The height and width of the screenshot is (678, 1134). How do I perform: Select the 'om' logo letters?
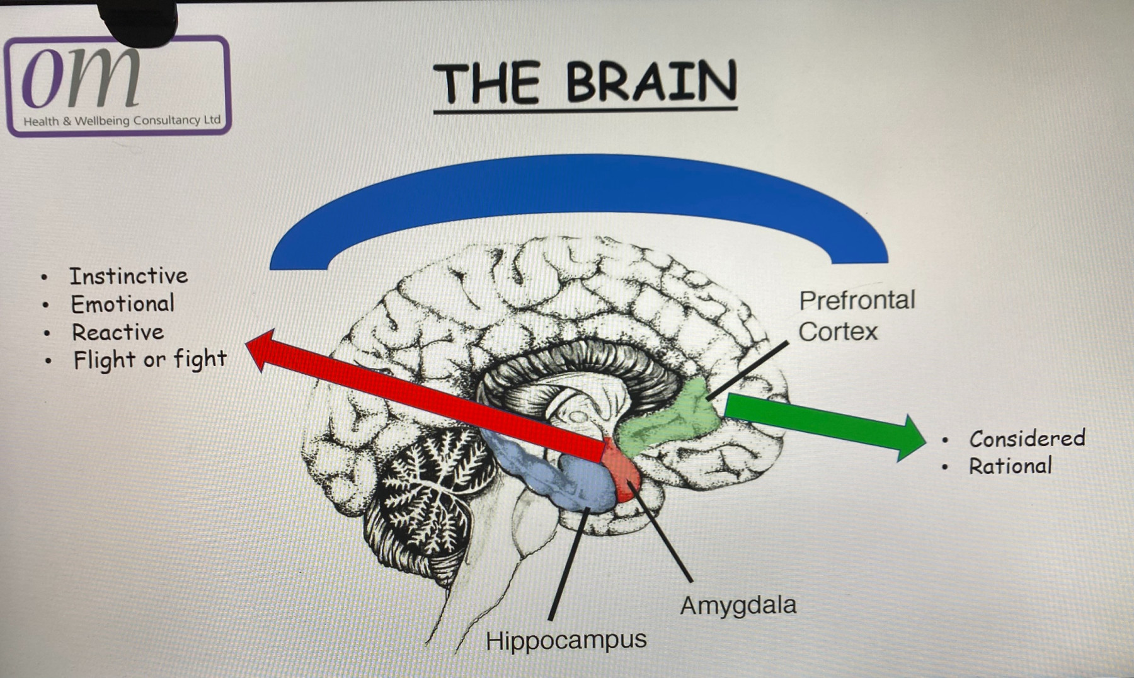coord(81,77)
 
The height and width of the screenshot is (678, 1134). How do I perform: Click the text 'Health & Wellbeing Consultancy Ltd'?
coord(122,120)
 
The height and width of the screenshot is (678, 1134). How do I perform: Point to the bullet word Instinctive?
coord(129,276)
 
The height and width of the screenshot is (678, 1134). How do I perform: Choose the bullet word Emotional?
coord(122,304)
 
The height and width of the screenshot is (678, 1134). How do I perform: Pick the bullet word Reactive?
coord(117,332)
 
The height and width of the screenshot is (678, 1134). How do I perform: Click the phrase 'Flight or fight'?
coord(149,360)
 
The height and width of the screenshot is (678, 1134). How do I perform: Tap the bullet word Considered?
coord(1027,438)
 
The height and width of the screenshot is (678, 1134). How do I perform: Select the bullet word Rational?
coord(1010,466)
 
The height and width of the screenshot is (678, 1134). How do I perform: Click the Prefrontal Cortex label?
coord(856,316)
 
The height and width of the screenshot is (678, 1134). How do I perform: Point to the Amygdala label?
coord(738,606)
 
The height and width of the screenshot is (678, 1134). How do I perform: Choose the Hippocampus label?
coord(566,640)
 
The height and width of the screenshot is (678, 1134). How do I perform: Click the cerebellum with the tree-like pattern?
coord(422,491)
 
